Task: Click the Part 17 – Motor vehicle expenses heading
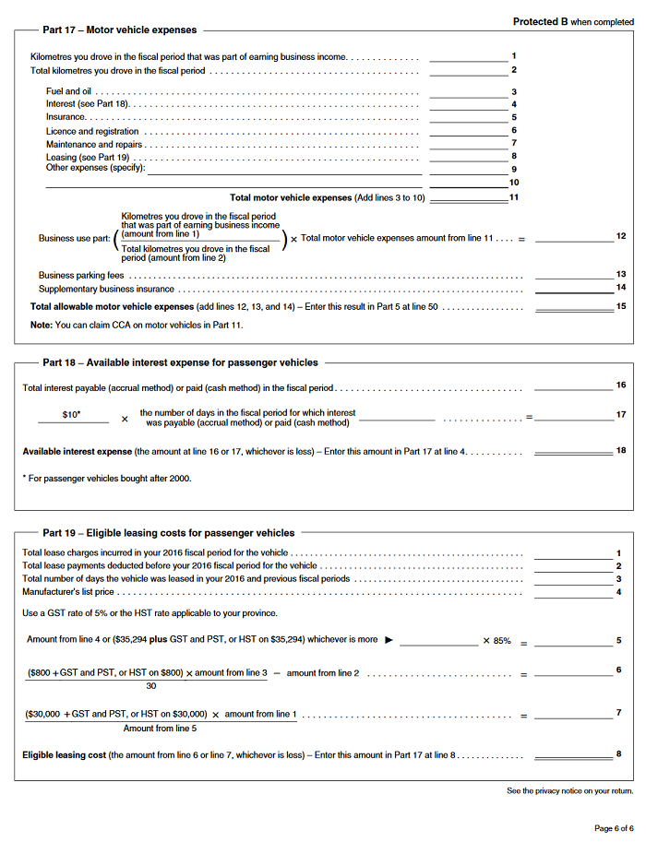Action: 119,30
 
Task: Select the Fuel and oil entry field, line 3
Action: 468,91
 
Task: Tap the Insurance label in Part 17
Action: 66,117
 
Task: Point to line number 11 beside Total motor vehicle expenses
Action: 514,197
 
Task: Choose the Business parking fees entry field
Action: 573,274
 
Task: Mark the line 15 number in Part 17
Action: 621,305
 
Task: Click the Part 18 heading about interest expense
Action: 180,362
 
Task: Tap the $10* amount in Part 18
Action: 72,415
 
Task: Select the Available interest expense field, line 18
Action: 573,451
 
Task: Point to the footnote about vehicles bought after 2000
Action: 107,478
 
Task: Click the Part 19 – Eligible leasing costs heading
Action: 168,532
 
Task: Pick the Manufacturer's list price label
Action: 68,591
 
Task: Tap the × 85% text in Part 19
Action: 496,640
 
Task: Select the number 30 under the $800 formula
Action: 150,685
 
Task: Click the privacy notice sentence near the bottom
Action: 569,791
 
